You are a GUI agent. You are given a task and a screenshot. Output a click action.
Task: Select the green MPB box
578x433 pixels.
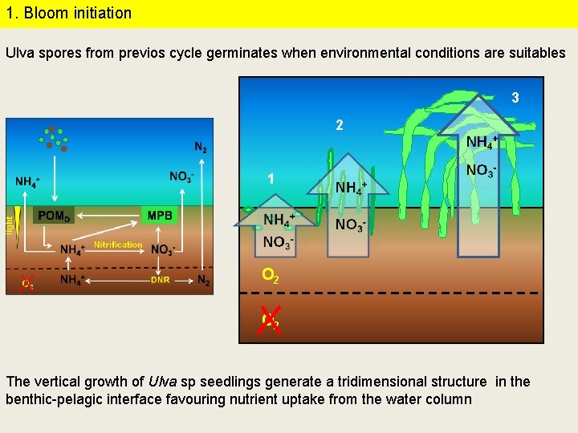[x=160, y=215]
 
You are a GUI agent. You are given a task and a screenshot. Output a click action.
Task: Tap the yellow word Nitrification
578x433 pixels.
[x=118, y=245]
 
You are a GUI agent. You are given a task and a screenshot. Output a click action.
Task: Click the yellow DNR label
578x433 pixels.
[x=160, y=280]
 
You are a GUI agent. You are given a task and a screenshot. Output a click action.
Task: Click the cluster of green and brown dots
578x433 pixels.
[x=54, y=138]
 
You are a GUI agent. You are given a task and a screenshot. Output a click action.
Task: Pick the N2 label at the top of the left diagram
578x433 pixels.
[x=200, y=147]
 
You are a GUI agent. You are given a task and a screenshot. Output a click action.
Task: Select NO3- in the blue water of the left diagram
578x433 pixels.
[x=181, y=177]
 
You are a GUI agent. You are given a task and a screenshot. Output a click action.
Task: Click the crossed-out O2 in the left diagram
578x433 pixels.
[x=27, y=283]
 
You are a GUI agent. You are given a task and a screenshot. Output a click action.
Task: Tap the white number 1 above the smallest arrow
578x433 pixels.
[x=271, y=179]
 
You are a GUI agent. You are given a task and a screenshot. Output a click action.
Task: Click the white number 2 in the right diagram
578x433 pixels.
[x=340, y=126]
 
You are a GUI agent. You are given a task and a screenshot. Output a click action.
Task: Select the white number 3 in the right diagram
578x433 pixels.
[x=515, y=98]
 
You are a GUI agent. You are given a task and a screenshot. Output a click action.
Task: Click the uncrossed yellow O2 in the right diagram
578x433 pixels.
[x=271, y=276]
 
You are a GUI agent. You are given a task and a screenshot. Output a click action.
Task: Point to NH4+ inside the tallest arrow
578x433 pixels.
[x=482, y=142]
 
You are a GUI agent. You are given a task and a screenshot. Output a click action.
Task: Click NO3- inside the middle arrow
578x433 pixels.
[x=351, y=225]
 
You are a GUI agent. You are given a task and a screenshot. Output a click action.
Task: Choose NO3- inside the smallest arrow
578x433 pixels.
[x=278, y=241]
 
